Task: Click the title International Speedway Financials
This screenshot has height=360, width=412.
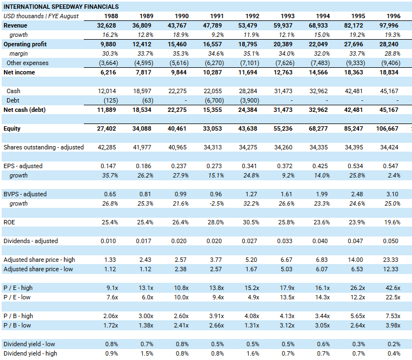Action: point(61,7)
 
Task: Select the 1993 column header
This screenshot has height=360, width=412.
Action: point(287,16)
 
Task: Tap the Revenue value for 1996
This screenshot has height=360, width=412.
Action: point(389,25)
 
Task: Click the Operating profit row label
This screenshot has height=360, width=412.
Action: point(25,44)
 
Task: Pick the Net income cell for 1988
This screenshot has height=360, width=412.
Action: point(108,72)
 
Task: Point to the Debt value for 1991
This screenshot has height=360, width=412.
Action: point(214,100)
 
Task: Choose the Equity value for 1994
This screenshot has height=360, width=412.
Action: point(318,128)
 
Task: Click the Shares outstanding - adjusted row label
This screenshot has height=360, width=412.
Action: point(44,147)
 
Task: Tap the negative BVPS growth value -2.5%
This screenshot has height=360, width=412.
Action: point(217,203)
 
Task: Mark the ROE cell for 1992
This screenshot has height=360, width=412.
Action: point(251,222)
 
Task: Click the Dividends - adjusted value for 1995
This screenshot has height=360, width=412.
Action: point(355,241)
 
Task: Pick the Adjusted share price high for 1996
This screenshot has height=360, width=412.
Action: point(390,260)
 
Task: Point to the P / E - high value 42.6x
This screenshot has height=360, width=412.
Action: point(393,288)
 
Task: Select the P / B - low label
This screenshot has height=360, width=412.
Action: point(17,325)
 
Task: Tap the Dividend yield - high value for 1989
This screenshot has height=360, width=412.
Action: point(147,353)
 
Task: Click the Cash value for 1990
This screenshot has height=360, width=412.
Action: point(178,91)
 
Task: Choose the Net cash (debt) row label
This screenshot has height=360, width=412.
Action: point(24,110)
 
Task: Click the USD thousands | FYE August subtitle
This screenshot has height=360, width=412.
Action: point(41,16)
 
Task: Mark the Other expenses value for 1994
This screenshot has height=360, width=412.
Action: point(320,63)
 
